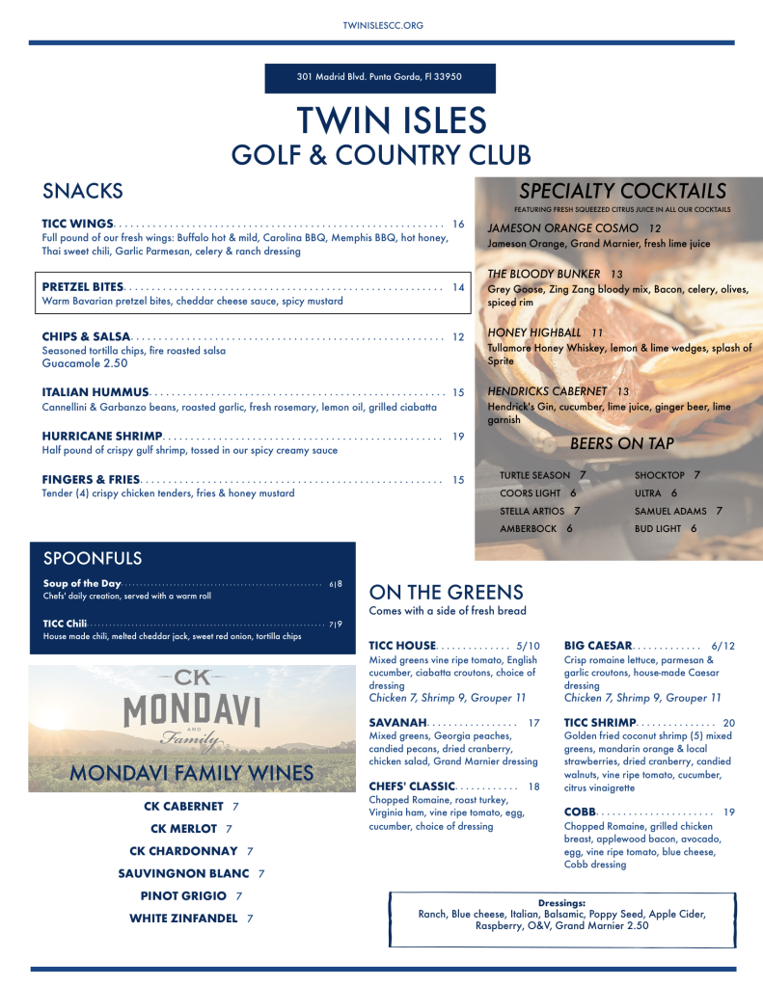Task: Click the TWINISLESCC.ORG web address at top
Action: point(383,25)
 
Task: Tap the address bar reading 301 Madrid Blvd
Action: point(380,77)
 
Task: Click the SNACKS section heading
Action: point(83,191)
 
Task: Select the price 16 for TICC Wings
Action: point(458,225)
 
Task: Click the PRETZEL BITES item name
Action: point(83,287)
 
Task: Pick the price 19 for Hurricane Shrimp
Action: point(458,437)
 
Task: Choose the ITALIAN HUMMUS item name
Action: point(95,392)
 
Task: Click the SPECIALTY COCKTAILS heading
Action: point(622,191)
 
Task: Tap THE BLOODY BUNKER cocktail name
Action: point(544,274)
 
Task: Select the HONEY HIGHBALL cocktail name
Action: point(534,333)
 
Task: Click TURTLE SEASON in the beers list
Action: point(534,475)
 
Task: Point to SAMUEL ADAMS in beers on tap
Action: point(670,511)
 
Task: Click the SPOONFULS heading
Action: point(93,558)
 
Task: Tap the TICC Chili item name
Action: point(65,624)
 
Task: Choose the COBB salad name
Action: point(581,813)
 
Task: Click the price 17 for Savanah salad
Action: point(533,722)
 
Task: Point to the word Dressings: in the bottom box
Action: point(561,902)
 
